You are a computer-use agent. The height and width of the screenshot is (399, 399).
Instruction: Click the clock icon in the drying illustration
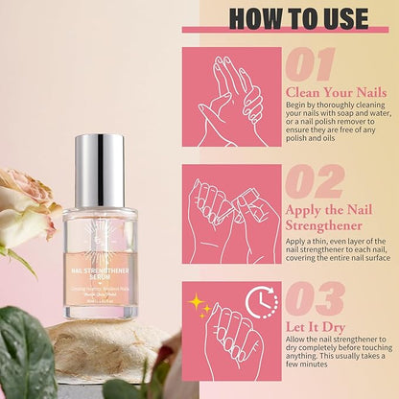tap(260, 303)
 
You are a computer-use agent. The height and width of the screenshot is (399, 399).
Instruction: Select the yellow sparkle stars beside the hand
tap(199, 306)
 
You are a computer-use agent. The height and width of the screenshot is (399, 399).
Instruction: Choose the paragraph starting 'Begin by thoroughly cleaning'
tap(335, 128)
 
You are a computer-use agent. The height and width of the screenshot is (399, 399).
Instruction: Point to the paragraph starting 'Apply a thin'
tap(335, 251)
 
